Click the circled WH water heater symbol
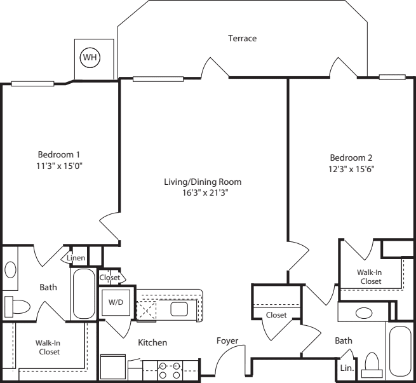[89, 58]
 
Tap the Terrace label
[242, 39]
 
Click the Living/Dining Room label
[203, 182]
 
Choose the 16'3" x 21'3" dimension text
[203, 192]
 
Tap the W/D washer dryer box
[115, 302]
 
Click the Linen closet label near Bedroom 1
[76, 258]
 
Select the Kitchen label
[152, 342]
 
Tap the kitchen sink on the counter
[179, 309]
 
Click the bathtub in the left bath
[83, 293]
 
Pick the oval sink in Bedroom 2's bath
[364, 312]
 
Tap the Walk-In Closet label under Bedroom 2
[370, 276]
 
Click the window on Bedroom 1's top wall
[32, 83]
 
